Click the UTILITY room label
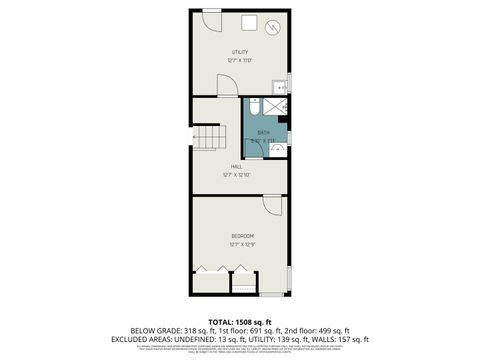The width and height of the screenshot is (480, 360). (x=240, y=52)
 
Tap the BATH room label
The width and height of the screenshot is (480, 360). (x=263, y=132)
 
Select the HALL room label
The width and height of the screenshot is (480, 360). (x=236, y=166)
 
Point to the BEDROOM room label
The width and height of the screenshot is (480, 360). (x=241, y=236)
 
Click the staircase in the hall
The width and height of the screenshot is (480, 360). (x=207, y=137)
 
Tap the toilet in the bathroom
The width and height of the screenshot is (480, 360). (x=254, y=103)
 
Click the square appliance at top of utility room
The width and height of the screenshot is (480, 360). (x=249, y=25)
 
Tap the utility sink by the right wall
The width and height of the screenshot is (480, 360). (x=281, y=88)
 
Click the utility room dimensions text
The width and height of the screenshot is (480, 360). (x=240, y=61)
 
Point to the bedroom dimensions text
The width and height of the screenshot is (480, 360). (x=241, y=244)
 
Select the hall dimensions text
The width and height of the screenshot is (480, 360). (x=236, y=175)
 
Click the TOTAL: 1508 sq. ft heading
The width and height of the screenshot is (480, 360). (x=240, y=320)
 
